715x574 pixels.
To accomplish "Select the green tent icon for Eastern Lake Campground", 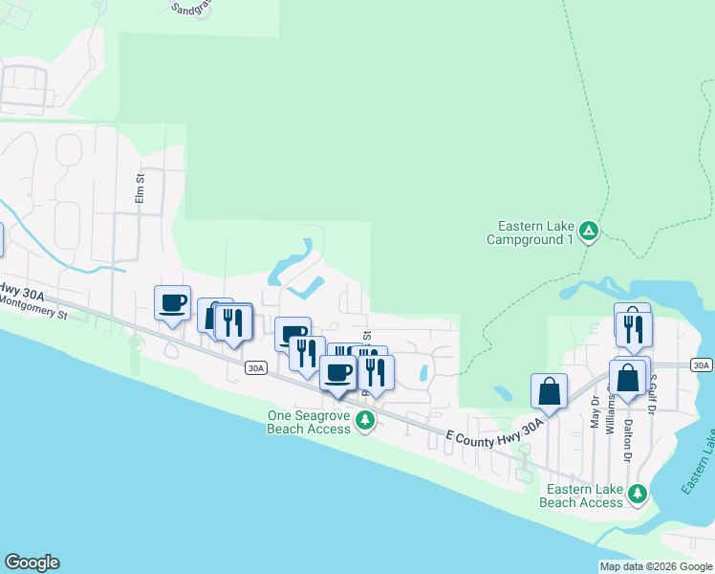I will pyautogui.click(x=591, y=231).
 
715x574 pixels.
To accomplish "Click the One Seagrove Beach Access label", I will pyautogui.click(x=310, y=422).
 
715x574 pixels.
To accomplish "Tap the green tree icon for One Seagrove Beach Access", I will pyautogui.click(x=364, y=421).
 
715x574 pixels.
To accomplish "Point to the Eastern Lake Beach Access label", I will pyautogui.click(x=581, y=496).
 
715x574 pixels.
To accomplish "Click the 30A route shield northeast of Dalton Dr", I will pyautogui.click(x=701, y=365).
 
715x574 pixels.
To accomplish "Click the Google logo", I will pyautogui.click(x=32, y=563).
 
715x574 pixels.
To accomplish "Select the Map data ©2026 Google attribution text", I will pyautogui.click(x=656, y=566).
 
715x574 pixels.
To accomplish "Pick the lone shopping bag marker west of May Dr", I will pyautogui.click(x=549, y=390).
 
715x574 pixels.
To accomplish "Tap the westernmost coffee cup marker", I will pyautogui.click(x=173, y=303).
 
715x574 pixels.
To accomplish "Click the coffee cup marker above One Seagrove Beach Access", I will pyautogui.click(x=337, y=372).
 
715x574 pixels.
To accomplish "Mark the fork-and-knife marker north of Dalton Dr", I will pyautogui.click(x=634, y=328).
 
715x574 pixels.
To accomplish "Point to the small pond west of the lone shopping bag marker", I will pyautogui.click(x=503, y=392).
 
